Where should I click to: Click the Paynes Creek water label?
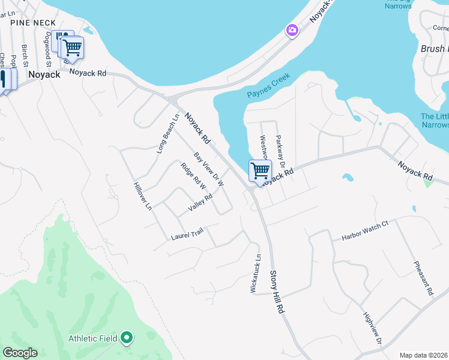point(268,86)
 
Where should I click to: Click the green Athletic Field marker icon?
point(127,338)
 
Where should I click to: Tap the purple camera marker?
point(292,30)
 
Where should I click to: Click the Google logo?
point(20,353)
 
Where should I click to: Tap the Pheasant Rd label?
point(423,278)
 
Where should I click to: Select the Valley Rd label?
point(200,202)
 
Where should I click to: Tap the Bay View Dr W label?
point(209,168)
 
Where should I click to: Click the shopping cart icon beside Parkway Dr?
point(260,171)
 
